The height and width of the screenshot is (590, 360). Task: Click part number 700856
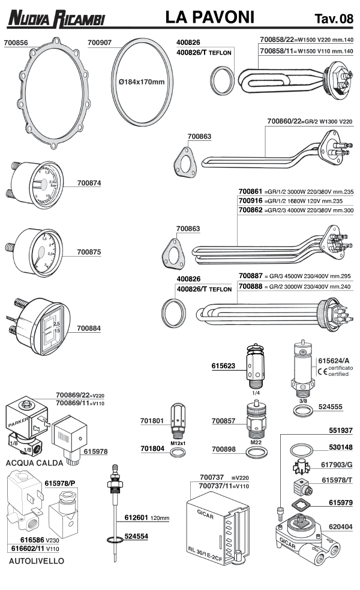(x=16, y=43)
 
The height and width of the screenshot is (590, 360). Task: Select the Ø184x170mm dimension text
(x=141, y=82)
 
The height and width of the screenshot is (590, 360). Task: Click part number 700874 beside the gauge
(x=90, y=183)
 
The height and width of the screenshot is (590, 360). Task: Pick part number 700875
(x=90, y=253)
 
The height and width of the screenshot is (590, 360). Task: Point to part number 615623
(x=224, y=365)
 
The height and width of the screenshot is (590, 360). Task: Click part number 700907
(x=100, y=43)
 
